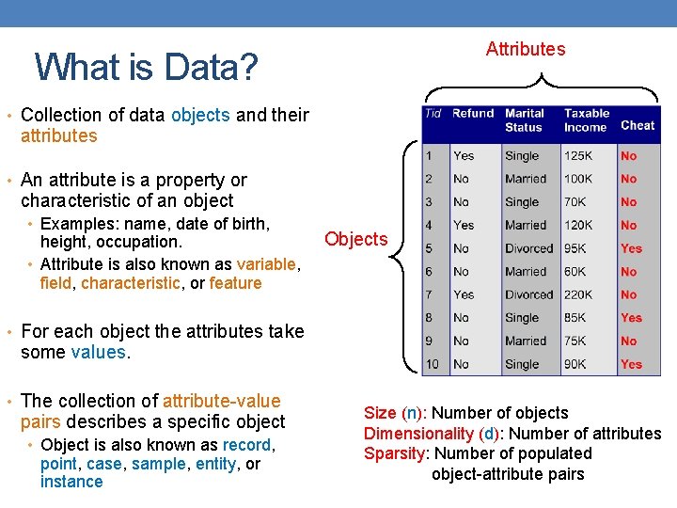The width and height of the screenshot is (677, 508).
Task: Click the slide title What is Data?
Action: tap(145, 67)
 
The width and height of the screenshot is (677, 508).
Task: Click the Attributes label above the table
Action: tap(526, 49)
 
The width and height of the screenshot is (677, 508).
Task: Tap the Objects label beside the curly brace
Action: tap(355, 239)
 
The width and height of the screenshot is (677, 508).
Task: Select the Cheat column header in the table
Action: tap(638, 125)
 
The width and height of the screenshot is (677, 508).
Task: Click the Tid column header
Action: tap(433, 114)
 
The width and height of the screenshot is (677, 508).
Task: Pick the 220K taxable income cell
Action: tap(578, 294)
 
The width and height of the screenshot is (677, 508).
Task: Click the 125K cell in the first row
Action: tap(578, 156)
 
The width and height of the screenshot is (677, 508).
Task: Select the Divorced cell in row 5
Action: tap(528, 248)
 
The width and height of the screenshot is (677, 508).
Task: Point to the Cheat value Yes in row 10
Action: tap(631, 364)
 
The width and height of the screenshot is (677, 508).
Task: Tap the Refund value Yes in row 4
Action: tap(464, 225)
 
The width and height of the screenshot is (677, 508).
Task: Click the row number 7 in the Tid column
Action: tap(429, 294)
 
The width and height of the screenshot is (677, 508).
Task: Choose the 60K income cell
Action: tap(575, 272)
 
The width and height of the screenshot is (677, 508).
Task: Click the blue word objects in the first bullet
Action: tap(200, 115)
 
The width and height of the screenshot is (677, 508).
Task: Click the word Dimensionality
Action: tap(418, 433)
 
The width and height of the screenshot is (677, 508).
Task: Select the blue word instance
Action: tap(71, 482)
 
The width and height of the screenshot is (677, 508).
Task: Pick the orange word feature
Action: tap(235, 283)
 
